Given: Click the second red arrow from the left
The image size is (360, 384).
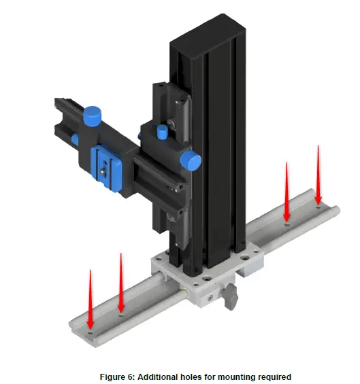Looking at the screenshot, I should pos(121,282).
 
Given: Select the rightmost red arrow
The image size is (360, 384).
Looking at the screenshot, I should pos(318,174).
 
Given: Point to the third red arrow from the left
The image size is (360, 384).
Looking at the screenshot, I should pos(287,191).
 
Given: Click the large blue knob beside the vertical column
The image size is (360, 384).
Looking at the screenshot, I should pos(191,162).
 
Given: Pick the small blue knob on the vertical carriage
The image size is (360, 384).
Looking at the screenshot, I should pos(163,130).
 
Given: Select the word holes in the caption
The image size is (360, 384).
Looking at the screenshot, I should pos(190,377).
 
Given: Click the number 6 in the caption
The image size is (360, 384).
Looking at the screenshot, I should pos(133,377).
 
